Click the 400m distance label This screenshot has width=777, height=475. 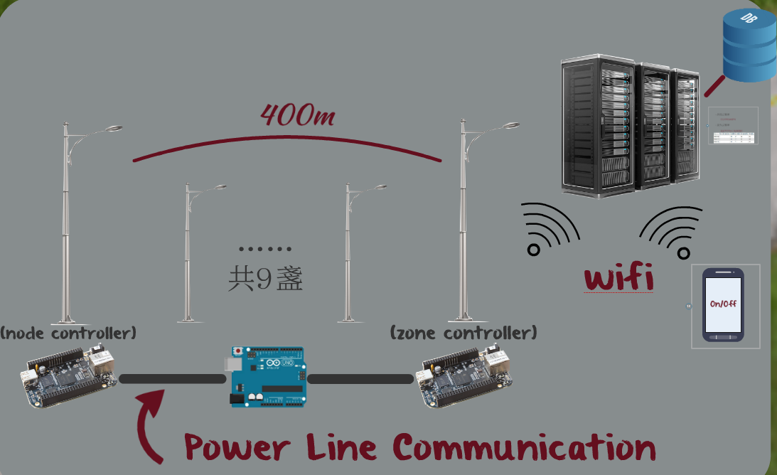click(x=297, y=114)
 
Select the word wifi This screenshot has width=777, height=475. click(x=618, y=278)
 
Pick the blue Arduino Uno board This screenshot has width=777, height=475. click(x=267, y=376)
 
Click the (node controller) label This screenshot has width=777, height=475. click(x=68, y=332)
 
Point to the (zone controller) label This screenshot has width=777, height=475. click(x=463, y=332)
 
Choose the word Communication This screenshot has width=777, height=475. click(x=524, y=448)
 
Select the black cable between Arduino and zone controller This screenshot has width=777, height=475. click(x=360, y=379)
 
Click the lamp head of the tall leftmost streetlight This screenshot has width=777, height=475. click(x=112, y=129)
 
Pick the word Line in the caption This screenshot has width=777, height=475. click(x=341, y=448)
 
